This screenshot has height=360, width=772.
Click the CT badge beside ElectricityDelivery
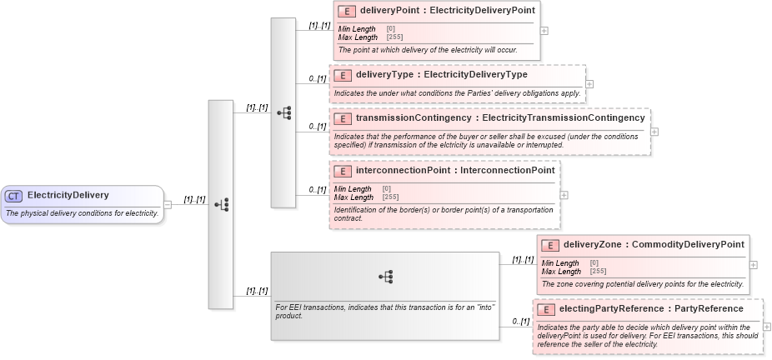pos(14,196)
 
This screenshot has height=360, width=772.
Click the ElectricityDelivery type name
pos(68,196)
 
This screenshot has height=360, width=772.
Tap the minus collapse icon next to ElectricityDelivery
pos(168,204)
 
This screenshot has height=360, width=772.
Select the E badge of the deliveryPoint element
pos(346,12)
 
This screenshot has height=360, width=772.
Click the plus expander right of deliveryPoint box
pos(544,30)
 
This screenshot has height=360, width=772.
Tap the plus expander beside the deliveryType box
pos(589,83)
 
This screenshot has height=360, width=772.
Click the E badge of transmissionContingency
pos(342,118)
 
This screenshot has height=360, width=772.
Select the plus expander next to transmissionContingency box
pos(654,131)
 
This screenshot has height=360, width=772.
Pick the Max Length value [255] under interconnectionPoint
pos(390,197)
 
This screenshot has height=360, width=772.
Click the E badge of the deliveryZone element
pos(549,245)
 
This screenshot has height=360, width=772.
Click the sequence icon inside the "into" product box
pos(385,277)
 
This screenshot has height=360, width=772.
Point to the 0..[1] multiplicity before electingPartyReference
pos(519,322)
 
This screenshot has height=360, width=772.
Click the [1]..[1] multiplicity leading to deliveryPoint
pos(319,26)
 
